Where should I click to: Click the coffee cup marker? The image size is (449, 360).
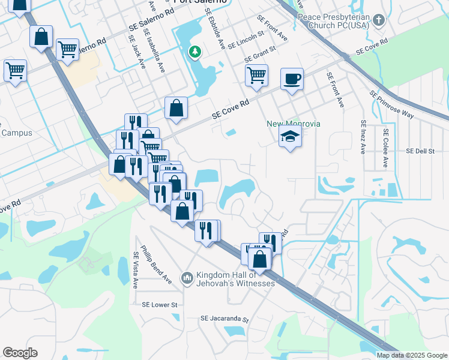tap(292, 79)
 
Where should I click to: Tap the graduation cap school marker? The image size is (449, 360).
tap(290, 137)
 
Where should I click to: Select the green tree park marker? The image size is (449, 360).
tap(194, 52)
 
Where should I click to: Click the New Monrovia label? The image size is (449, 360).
tap(294, 124)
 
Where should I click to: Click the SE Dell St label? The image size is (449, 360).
tap(420, 151)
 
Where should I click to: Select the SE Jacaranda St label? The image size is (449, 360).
tap(224, 319)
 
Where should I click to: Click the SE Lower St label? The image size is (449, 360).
tap(160, 305)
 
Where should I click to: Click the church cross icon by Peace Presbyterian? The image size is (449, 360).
tap(378, 20)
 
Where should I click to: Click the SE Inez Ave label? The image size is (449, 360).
tap(363, 137)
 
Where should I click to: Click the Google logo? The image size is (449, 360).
tap(20, 353)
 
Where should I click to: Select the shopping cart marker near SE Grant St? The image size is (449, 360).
tap(256, 76)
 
